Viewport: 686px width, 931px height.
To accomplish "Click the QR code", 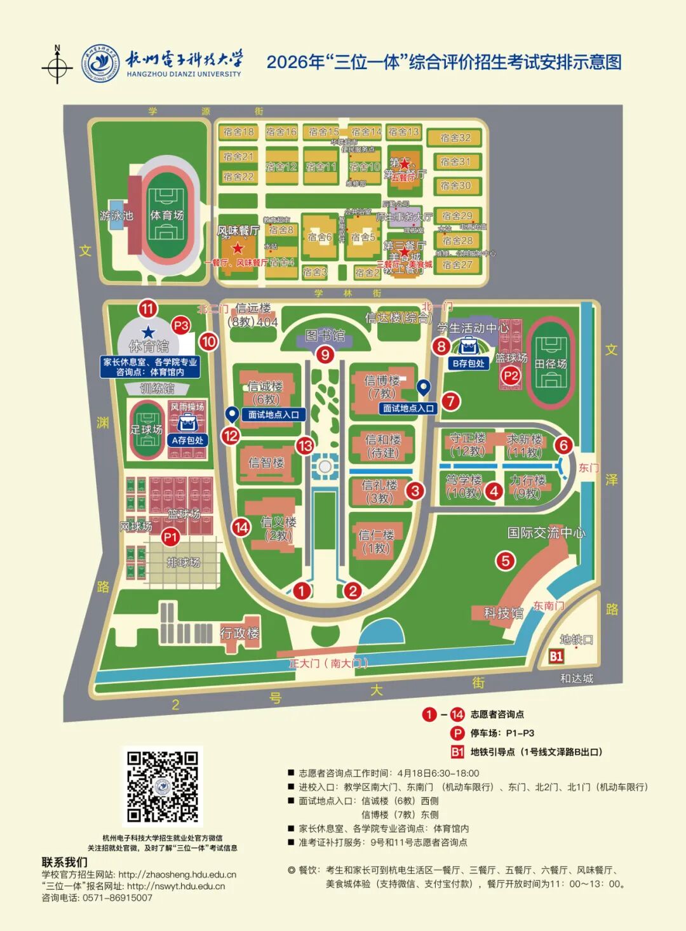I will (x=163, y=787).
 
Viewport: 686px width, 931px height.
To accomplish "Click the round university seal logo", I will (x=102, y=64).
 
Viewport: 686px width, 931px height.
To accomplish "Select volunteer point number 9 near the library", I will (x=325, y=354).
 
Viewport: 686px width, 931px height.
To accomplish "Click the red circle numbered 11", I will (x=148, y=309).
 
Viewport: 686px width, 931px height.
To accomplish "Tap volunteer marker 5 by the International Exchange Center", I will (x=506, y=561).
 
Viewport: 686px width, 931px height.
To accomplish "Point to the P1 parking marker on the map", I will (x=170, y=537).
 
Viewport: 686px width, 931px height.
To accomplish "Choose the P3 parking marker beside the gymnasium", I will (x=181, y=325).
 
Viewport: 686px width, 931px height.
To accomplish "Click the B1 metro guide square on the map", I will (x=556, y=656).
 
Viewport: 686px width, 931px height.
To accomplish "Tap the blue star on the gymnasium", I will (x=149, y=332).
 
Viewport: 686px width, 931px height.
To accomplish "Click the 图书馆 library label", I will (x=325, y=335).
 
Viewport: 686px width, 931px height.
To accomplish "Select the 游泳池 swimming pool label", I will (x=116, y=216).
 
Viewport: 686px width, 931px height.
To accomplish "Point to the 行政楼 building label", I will (x=239, y=633).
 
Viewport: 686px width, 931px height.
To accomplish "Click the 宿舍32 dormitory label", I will (x=455, y=138).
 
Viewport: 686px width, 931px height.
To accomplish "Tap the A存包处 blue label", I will (x=187, y=440).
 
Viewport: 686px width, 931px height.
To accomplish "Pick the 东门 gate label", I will (x=588, y=468).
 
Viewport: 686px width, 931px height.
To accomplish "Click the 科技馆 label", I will (x=503, y=613).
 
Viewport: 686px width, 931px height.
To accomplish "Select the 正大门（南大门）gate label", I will (x=328, y=664).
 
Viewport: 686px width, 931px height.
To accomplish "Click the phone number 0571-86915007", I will (x=118, y=897).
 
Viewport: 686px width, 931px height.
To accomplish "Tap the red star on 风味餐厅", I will (x=238, y=248).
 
